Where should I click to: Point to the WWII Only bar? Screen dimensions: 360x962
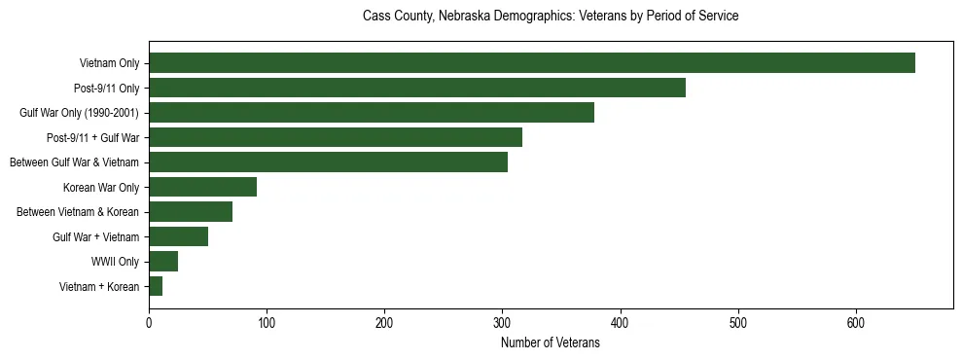[163, 261]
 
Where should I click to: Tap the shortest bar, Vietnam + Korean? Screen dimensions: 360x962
[156, 286]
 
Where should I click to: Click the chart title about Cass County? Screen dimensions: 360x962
[550, 17]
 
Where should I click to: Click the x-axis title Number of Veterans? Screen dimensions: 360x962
[550, 343]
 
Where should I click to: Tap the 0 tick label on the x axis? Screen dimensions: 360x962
[149, 323]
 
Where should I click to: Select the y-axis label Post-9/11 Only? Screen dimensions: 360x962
[107, 89]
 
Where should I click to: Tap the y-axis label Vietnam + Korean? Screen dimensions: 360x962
[99, 286]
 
